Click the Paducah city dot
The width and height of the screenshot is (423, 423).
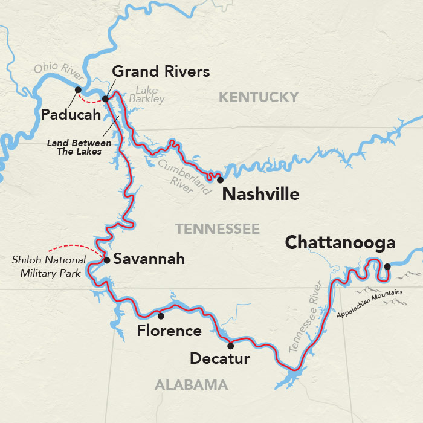click(78, 90)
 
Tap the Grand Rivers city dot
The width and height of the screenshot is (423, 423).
click(105, 98)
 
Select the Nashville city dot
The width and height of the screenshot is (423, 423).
click(221, 180)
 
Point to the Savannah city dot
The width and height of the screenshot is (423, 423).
click(107, 260)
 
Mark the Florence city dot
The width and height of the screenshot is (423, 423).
click(160, 315)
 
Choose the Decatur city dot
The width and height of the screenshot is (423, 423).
click(230, 346)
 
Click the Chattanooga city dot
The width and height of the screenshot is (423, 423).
click(387, 266)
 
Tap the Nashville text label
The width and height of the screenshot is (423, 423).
click(260, 194)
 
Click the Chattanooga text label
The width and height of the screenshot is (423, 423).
click(340, 243)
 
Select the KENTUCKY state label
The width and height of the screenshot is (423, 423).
click(259, 97)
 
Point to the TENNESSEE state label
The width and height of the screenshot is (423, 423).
click(218, 229)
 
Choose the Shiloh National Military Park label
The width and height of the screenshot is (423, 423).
click(46, 266)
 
